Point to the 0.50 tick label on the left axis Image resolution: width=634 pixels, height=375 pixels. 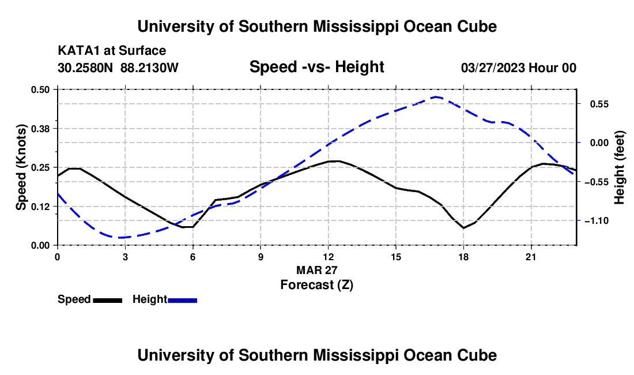(x=40, y=89)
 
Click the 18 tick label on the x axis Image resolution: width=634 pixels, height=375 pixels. (x=463, y=257)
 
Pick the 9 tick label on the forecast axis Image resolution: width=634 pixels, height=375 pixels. (x=261, y=257)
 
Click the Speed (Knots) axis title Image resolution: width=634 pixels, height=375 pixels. (x=21, y=167)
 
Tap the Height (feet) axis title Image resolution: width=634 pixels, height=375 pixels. (x=619, y=167)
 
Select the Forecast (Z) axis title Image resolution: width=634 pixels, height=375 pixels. (x=317, y=285)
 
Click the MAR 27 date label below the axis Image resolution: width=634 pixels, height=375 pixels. (x=316, y=270)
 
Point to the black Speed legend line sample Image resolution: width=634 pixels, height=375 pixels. (x=108, y=300)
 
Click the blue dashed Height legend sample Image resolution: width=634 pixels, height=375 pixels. (x=182, y=300)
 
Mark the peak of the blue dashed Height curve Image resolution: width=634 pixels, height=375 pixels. (x=436, y=97)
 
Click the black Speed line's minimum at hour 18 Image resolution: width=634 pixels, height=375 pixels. (x=463, y=228)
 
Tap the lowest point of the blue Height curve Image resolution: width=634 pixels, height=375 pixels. (x=120, y=238)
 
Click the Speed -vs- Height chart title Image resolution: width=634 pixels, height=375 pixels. (x=316, y=67)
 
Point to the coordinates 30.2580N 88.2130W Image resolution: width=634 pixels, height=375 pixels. (x=118, y=68)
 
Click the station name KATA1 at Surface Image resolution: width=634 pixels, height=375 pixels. (x=112, y=51)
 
